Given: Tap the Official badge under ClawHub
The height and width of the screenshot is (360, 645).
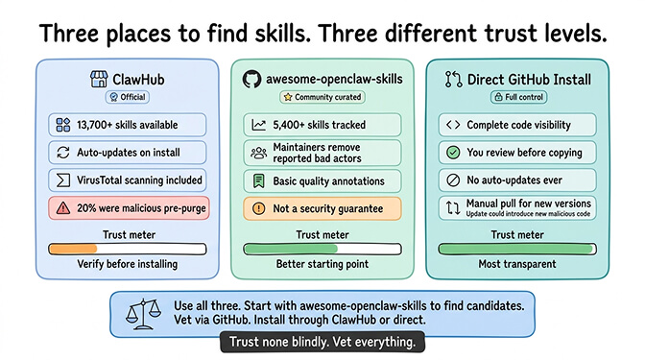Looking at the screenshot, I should pos(129,97).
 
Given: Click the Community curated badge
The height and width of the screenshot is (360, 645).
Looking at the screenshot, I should pos(322,97).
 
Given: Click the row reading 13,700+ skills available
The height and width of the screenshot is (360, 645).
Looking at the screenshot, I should pos(128,125).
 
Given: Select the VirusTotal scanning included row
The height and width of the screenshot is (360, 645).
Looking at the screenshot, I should pos(128,180).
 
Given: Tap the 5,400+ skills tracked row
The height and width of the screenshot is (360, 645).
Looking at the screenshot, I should pos(322,125).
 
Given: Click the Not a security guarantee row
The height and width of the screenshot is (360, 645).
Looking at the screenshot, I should pos(322,208).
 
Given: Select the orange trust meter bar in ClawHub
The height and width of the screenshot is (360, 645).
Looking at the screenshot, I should pos(73,249).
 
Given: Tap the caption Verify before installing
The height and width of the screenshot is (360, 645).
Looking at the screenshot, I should pos(128,264).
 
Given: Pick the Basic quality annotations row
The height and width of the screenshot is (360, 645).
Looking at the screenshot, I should pos(322,180).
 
